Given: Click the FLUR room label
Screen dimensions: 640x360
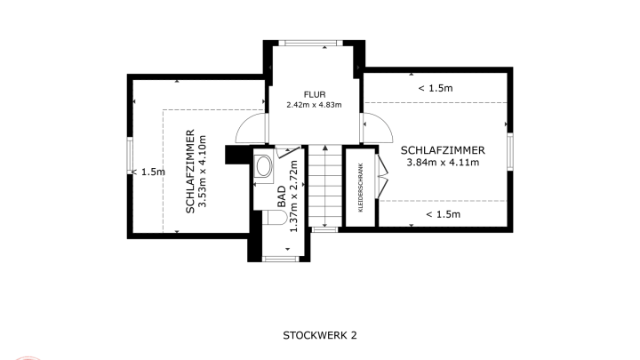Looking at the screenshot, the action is coord(315,95).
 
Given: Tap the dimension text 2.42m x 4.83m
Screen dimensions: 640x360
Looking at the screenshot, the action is coord(314,105).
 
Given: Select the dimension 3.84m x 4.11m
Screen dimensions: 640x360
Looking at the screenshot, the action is coord(443,163).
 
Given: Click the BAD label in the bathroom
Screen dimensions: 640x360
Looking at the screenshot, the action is coord(282,196).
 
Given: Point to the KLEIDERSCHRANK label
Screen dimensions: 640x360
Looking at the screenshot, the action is coord(360,188).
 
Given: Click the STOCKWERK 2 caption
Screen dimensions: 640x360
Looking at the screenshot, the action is coord(320,335).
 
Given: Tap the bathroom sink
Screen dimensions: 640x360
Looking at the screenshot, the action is coord(263,166).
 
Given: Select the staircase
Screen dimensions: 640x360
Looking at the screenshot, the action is coord(325,186).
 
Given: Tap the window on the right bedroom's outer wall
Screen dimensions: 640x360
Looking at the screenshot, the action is coord(510,151).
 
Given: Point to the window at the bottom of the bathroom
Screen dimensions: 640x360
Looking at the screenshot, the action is coord(280,259).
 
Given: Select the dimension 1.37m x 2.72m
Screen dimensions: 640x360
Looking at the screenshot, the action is coord(294,196).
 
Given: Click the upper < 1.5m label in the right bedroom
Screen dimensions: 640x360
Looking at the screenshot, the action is coord(436,88).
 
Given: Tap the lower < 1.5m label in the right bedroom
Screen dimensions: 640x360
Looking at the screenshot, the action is coord(444,214).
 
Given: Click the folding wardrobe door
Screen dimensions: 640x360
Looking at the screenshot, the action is coord(382,176).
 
